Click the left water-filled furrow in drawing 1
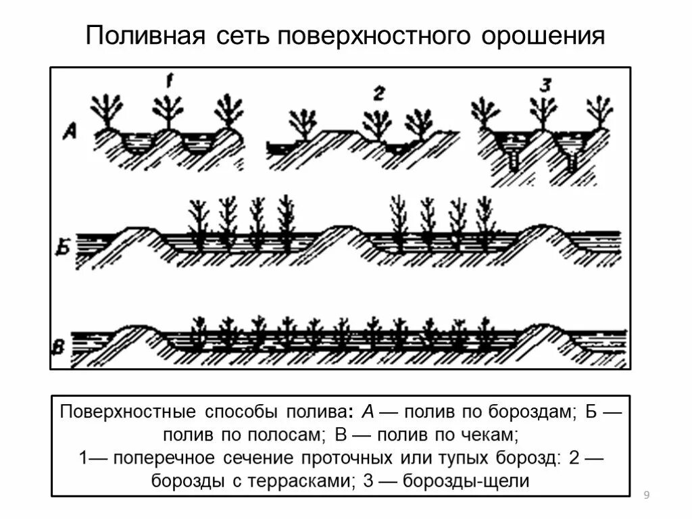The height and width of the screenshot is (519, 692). pos(139,143)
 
